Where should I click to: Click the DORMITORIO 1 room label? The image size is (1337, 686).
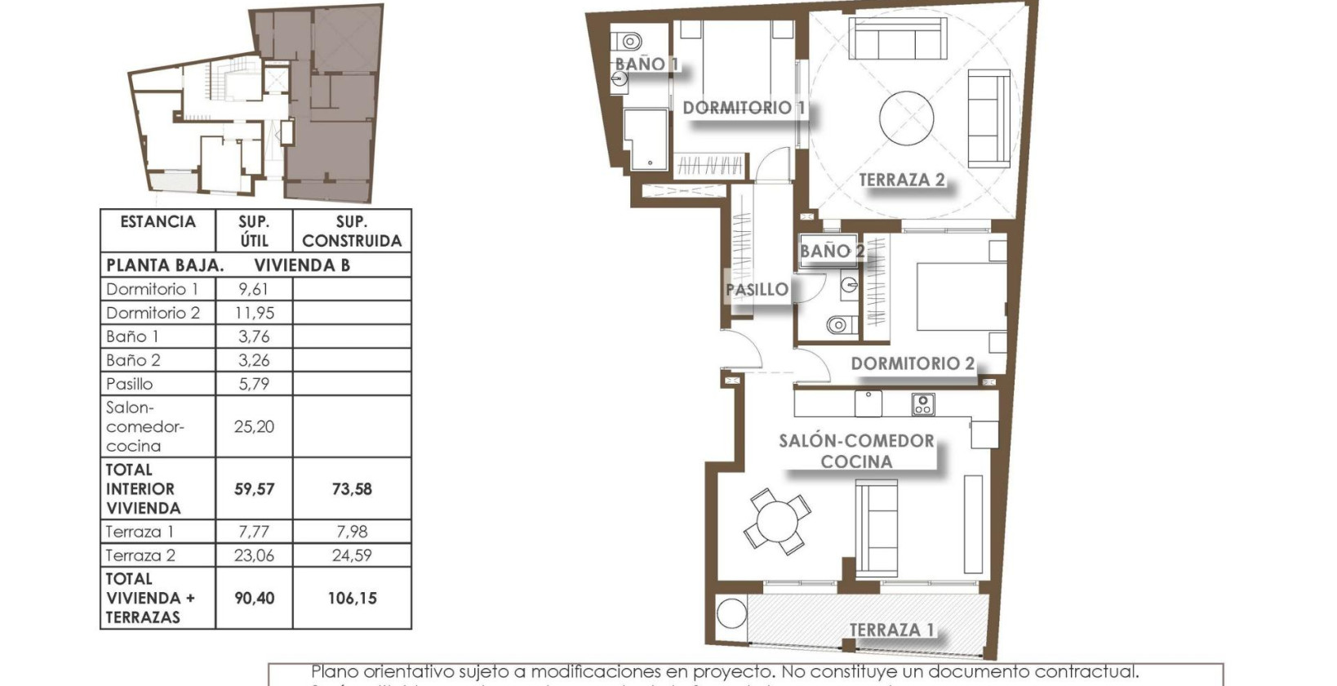click(x=744, y=108)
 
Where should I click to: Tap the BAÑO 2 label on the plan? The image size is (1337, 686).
click(x=831, y=252)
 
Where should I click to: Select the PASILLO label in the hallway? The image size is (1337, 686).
click(x=757, y=289)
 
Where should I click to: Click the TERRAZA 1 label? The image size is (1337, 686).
click(x=891, y=630)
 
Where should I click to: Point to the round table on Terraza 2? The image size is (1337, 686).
click(x=906, y=118)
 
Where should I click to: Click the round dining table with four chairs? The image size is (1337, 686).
click(x=776, y=521)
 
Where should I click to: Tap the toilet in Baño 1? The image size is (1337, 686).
click(x=629, y=39)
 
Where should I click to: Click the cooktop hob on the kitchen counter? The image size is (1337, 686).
click(x=922, y=403)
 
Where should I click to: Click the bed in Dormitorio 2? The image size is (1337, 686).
click(x=960, y=296)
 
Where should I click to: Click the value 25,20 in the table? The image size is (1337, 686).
click(x=254, y=426)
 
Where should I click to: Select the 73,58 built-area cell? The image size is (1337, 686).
click(x=352, y=488)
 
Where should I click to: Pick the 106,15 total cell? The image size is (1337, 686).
click(x=352, y=598)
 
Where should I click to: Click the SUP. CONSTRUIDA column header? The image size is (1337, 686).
click(x=352, y=231)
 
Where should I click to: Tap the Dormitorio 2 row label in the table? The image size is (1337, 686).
click(x=153, y=313)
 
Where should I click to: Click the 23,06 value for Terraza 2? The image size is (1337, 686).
click(x=254, y=555)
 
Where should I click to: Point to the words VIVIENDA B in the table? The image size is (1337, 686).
click(x=302, y=265)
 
